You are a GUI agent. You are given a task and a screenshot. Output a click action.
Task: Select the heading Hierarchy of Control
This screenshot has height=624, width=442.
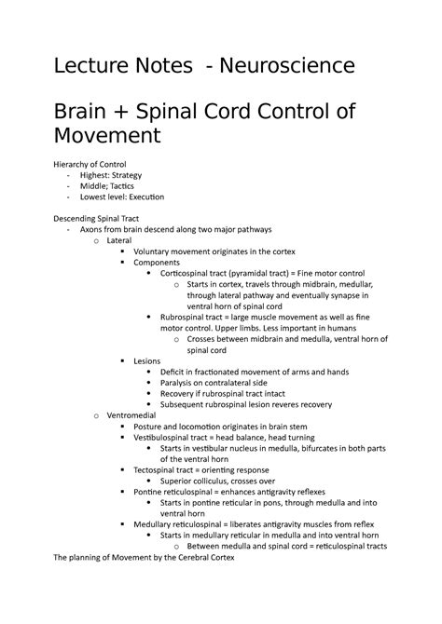(100, 165)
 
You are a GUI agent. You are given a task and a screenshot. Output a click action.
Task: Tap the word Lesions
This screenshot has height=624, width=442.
(146, 359)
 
